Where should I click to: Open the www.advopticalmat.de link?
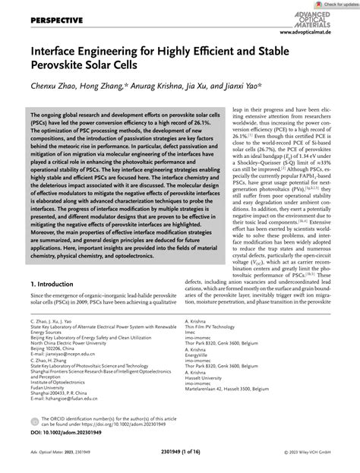tap(323, 34)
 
